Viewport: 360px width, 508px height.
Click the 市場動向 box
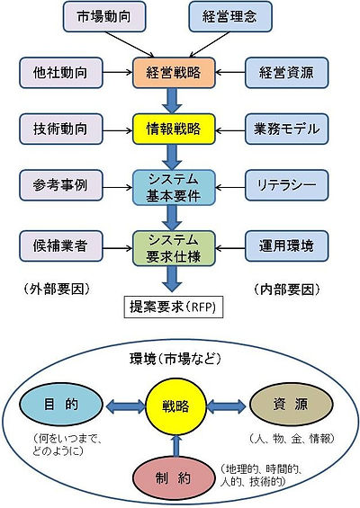point(104,16)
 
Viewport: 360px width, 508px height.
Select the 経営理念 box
point(230,16)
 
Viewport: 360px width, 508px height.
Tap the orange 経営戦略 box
point(174,73)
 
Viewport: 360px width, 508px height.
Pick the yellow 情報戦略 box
point(174,129)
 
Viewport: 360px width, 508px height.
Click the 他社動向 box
point(61,73)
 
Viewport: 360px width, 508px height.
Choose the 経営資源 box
point(287,73)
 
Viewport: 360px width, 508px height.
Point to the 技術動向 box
point(61,129)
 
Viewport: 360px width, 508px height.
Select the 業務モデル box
point(287,129)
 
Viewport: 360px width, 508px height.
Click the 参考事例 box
point(61,185)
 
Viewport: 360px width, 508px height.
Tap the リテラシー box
point(287,185)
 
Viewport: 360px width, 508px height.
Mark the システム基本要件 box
point(174,188)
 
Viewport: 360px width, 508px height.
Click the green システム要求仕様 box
point(174,248)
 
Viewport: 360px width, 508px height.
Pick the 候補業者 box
point(61,245)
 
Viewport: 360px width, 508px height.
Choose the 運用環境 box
point(287,245)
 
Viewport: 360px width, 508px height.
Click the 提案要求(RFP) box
point(174,307)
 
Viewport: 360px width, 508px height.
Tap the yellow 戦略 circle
point(175,406)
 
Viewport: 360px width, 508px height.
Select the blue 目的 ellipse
point(61,405)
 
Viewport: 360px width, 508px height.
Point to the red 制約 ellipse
point(174,478)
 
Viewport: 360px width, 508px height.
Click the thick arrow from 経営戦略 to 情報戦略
point(172,101)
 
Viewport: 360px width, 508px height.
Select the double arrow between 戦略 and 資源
point(226,406)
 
